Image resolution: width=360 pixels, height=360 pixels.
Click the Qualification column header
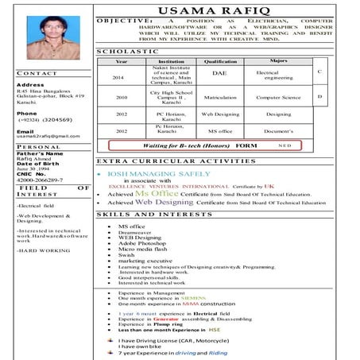pos(220,60)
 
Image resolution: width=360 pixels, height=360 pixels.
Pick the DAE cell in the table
pos(220,74)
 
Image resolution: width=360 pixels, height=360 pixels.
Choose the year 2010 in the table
pos(121,97)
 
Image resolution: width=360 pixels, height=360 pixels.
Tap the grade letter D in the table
pos(319,96)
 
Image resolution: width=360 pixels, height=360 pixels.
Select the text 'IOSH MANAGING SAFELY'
pos(159,172)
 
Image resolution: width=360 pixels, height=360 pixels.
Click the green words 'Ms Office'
pos(157,193)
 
